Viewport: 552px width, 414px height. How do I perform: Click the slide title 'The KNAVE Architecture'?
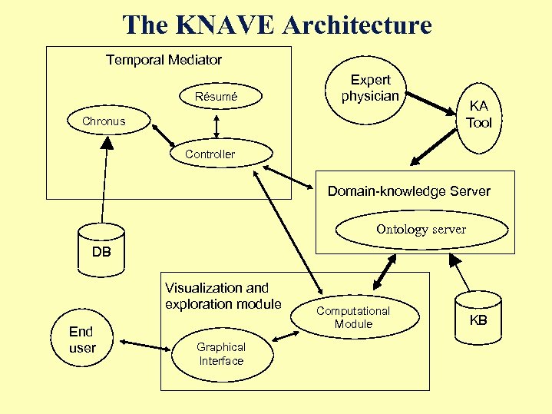click(x=276, y=25)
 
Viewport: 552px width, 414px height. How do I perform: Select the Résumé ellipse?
click(x=217, y=97)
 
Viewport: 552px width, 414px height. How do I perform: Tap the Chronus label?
click(x=104, y=121)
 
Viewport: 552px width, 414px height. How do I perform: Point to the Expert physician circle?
click(x=370, y=88)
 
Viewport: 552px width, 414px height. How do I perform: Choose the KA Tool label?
click(x=478, y=114)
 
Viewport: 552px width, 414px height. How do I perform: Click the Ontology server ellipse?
click(x=421, y=229)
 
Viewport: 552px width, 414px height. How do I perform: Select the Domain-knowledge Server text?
click(x=408, y=191)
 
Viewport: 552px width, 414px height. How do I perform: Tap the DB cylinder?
click(x=101, y=251)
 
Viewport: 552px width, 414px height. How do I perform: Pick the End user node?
click(x=81, y=339)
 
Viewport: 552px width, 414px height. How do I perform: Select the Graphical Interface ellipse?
click(x=221, y=354)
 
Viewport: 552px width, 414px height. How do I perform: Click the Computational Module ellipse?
click(x=353, y=317)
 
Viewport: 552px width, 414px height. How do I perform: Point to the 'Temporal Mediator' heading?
click(x=164, y=60)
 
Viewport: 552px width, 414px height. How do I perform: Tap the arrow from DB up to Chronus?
click(x=106, y=180)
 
